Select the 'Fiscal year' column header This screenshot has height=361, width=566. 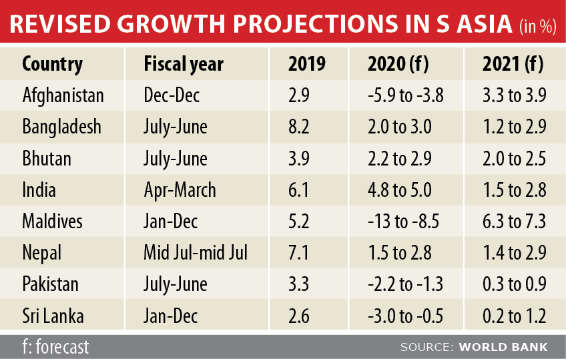[183, 64]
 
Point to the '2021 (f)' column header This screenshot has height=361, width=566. [513, 64]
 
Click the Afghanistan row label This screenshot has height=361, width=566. [63, 95]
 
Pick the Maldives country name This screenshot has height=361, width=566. [54, 222]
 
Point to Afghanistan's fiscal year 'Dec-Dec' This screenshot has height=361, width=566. [172, 95]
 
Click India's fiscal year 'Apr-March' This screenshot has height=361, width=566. [180, 190]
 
